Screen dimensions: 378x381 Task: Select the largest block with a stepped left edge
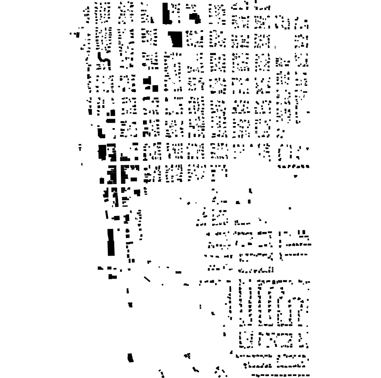coord(177,39)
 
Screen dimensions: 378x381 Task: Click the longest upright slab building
coord(111,242)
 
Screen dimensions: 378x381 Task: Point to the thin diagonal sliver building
coord(147,279)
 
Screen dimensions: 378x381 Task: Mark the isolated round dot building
coord(290,208)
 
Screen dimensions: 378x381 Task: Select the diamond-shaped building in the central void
coord(189,203)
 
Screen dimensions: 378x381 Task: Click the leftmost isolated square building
coord(77,35)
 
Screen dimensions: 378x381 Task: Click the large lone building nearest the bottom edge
coord(130,358)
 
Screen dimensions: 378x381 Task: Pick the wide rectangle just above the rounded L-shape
coord(111,121)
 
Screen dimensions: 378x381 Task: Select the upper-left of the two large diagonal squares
coord(147,81)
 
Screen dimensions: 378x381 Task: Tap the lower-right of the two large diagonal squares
coord(155,88)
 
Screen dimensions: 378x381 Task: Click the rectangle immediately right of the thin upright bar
coord(116,218)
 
